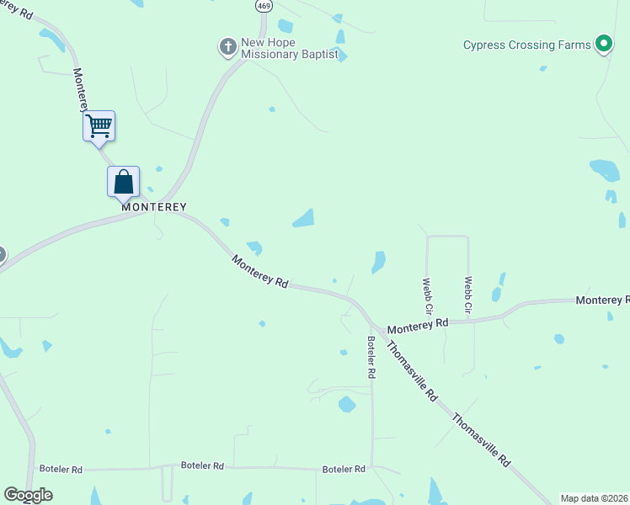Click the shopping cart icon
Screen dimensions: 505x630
pos(99,126)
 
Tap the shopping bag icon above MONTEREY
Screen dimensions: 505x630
pos(123,181)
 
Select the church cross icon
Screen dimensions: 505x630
pos(227,47)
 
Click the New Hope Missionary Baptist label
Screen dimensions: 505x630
pos(289,48)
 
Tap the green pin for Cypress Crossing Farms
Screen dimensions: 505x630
pos(603,44)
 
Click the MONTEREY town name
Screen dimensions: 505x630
pos(153,206)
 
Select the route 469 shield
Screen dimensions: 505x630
pos(264,5)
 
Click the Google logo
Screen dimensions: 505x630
pos(28,495)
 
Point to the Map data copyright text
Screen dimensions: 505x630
pos(595,498)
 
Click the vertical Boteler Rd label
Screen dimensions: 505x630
pos(371,357)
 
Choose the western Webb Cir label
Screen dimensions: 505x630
pos(427,297)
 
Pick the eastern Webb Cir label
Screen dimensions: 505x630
pos(468,297)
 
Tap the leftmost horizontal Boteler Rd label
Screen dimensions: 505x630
pos(61,469)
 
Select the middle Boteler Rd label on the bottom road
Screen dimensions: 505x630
pos(202,465)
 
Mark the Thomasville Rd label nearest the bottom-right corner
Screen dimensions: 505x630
pos(482,439)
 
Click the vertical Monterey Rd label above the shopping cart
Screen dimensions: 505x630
pos(80,89)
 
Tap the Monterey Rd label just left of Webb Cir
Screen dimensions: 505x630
pos(418,325)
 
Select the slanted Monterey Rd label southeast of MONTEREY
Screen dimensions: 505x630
pos(260,272)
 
